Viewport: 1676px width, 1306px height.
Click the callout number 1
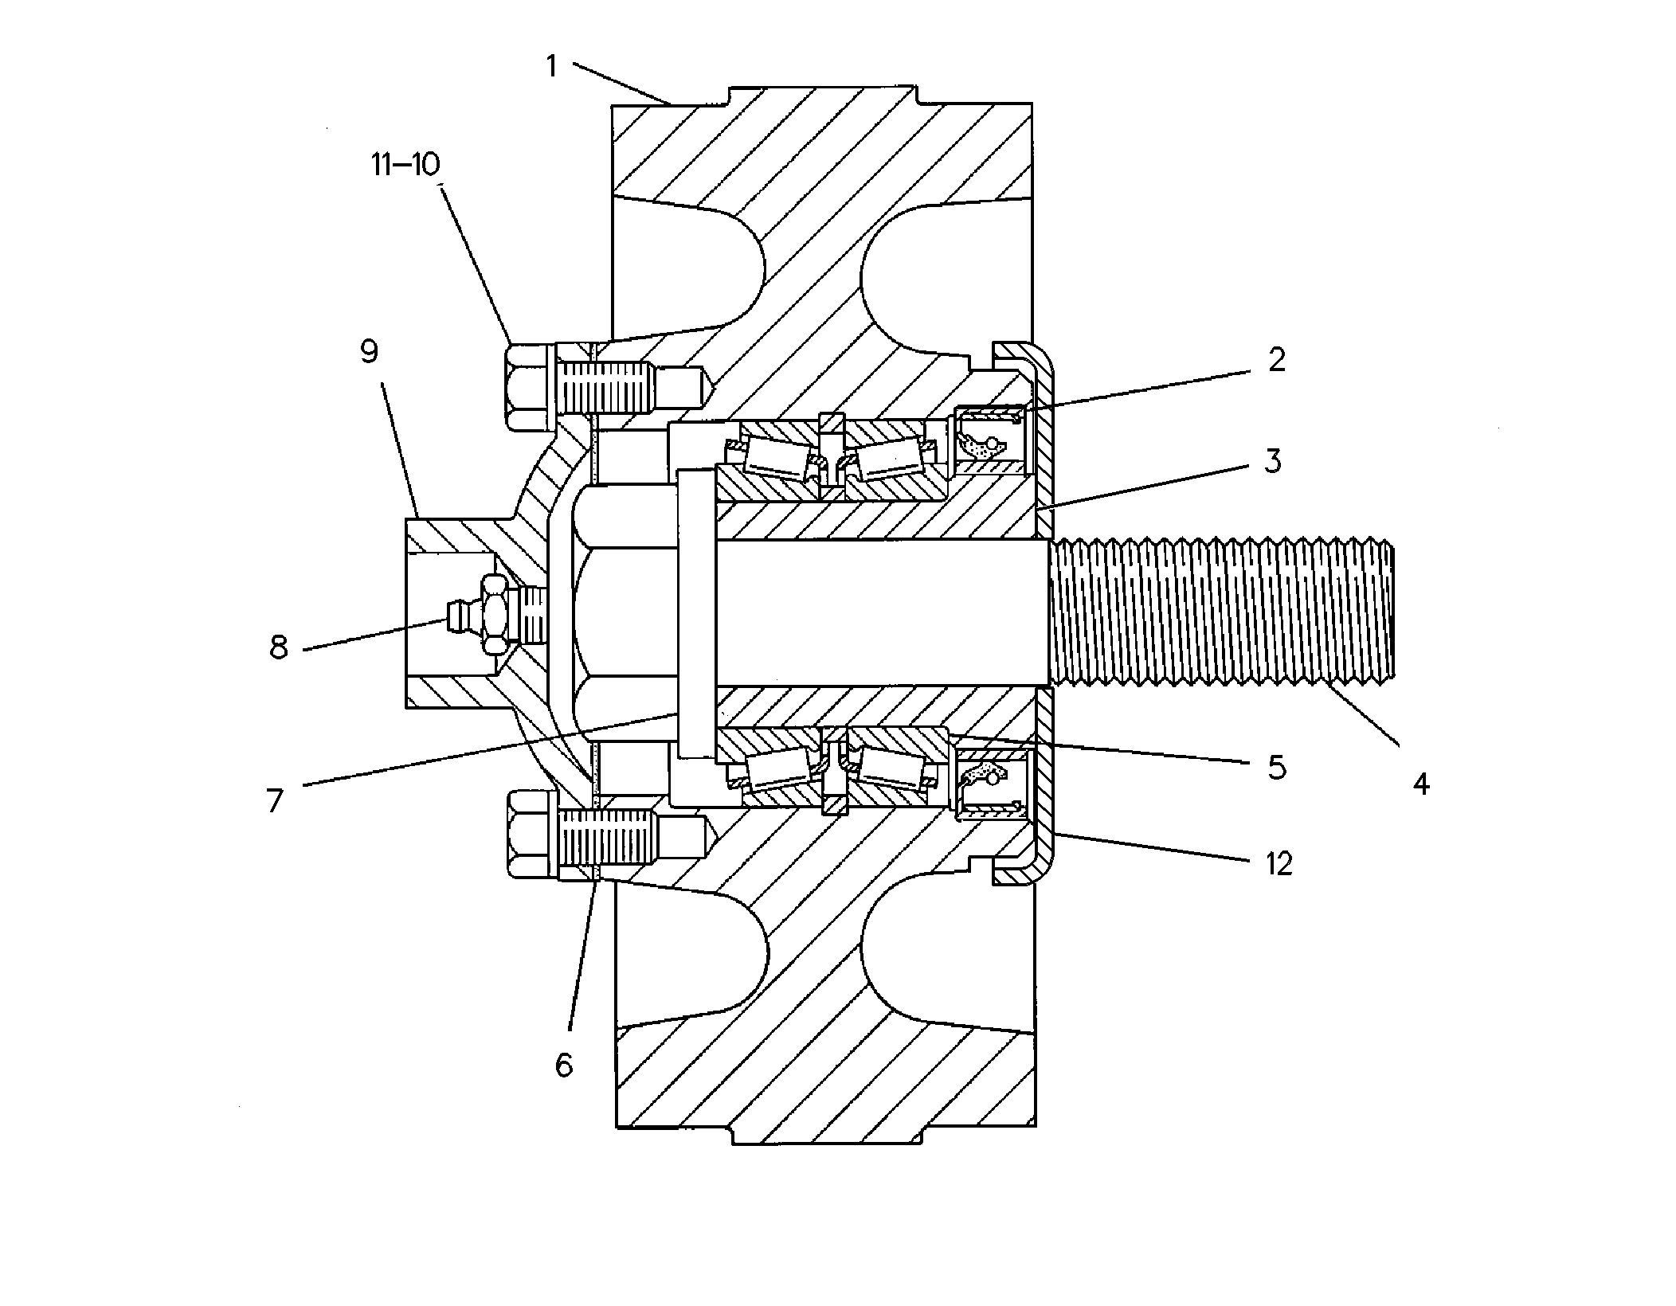pos(551,66)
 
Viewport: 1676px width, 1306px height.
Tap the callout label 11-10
pos(405,164)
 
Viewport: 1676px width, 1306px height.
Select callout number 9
pos(369,351)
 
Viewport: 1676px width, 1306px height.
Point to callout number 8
pos(278,647)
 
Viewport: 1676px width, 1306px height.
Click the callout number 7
pos(275,800)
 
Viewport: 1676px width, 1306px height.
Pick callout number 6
pos(564,1065)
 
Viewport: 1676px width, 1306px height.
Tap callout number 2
pos(1276,360)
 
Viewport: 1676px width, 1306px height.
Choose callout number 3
pos(1273,460)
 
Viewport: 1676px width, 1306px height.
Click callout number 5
pos(1277,767)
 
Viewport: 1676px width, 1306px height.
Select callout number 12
pos(1279,863)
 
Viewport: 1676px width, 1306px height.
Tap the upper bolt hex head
pos(527,387)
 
